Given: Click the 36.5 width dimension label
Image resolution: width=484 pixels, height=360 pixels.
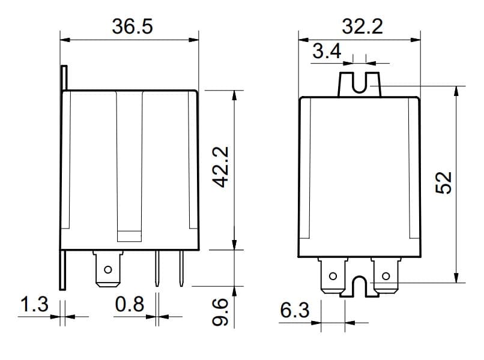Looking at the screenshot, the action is (x=132, y=26).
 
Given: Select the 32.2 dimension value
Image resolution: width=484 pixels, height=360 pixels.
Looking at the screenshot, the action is (x=362, y=26).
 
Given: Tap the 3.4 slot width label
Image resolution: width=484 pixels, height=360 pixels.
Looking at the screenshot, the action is (x=327, y=51).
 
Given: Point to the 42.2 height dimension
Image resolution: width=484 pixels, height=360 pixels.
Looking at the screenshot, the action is (x=221, y=167).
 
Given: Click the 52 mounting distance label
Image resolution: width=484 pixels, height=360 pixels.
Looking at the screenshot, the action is (x=443, y=182).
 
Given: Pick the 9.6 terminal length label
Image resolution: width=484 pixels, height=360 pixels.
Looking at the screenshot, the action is (x=220, y=312).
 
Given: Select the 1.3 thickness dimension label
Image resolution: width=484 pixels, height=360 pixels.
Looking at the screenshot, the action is (x=34, y=304).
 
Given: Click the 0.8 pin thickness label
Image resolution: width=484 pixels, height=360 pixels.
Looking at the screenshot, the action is (x=129, y=304).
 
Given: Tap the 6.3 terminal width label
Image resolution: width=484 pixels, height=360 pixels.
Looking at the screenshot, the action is (x=294, y=310).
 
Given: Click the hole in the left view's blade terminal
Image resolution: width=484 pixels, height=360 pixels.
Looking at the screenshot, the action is (x=107, y=269).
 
